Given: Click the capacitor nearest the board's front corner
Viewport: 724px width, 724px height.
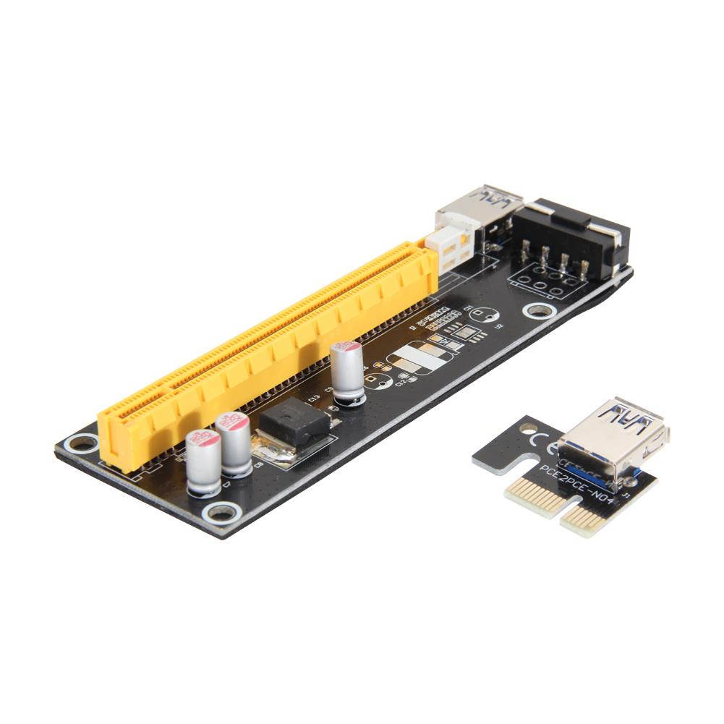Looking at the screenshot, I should click(203, 463).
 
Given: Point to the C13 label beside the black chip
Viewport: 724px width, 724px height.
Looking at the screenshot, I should click(314, 397).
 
